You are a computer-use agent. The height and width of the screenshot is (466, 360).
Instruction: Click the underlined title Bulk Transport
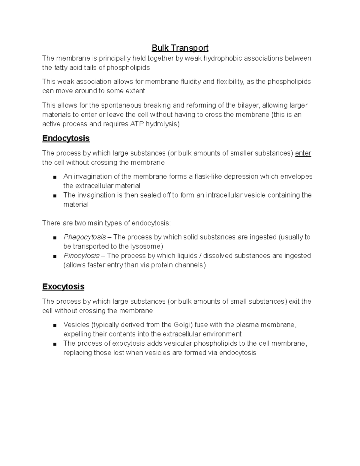coord(180,48)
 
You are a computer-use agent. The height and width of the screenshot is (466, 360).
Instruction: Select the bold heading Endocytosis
coord(66,138)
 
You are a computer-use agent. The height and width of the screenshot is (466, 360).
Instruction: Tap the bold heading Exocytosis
coord(63,287)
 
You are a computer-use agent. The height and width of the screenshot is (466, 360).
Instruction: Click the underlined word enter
coord(303,153)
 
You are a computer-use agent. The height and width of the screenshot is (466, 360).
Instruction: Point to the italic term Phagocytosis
coord(85,237)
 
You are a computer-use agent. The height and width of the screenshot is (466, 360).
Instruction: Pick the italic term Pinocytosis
coord(82,256)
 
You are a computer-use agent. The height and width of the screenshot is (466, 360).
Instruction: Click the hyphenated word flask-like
coord(208,176)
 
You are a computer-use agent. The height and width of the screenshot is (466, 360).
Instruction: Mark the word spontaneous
coord(121,105)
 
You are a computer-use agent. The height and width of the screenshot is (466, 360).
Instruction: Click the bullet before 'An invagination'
coord(54,177)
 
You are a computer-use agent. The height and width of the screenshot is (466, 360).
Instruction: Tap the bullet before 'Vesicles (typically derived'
coord(54,325)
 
